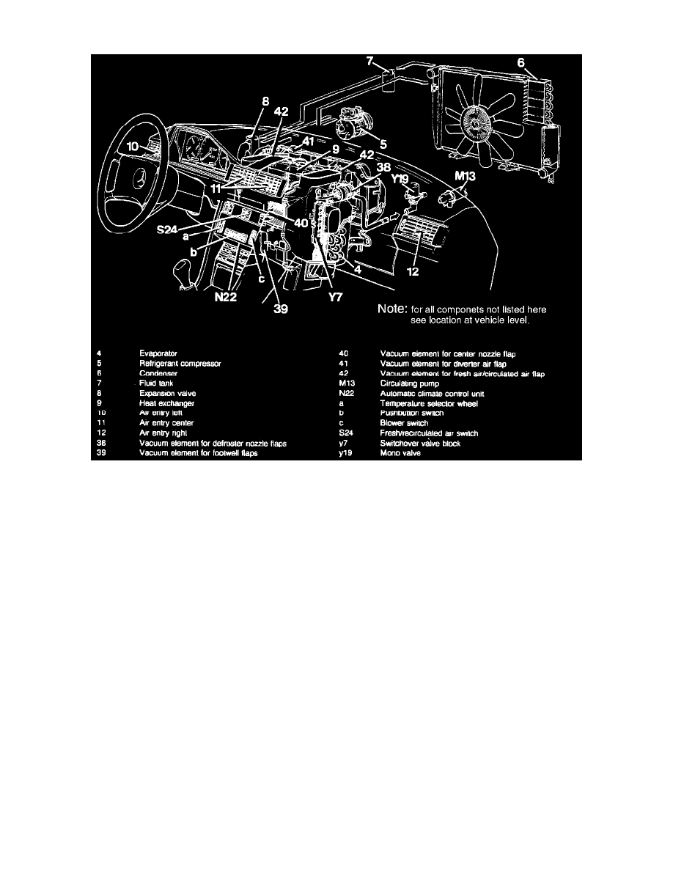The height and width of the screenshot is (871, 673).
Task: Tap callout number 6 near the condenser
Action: (521, 64)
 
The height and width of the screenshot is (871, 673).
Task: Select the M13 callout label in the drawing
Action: (465, 177)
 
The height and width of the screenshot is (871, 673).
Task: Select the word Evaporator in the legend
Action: (158, 353)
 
